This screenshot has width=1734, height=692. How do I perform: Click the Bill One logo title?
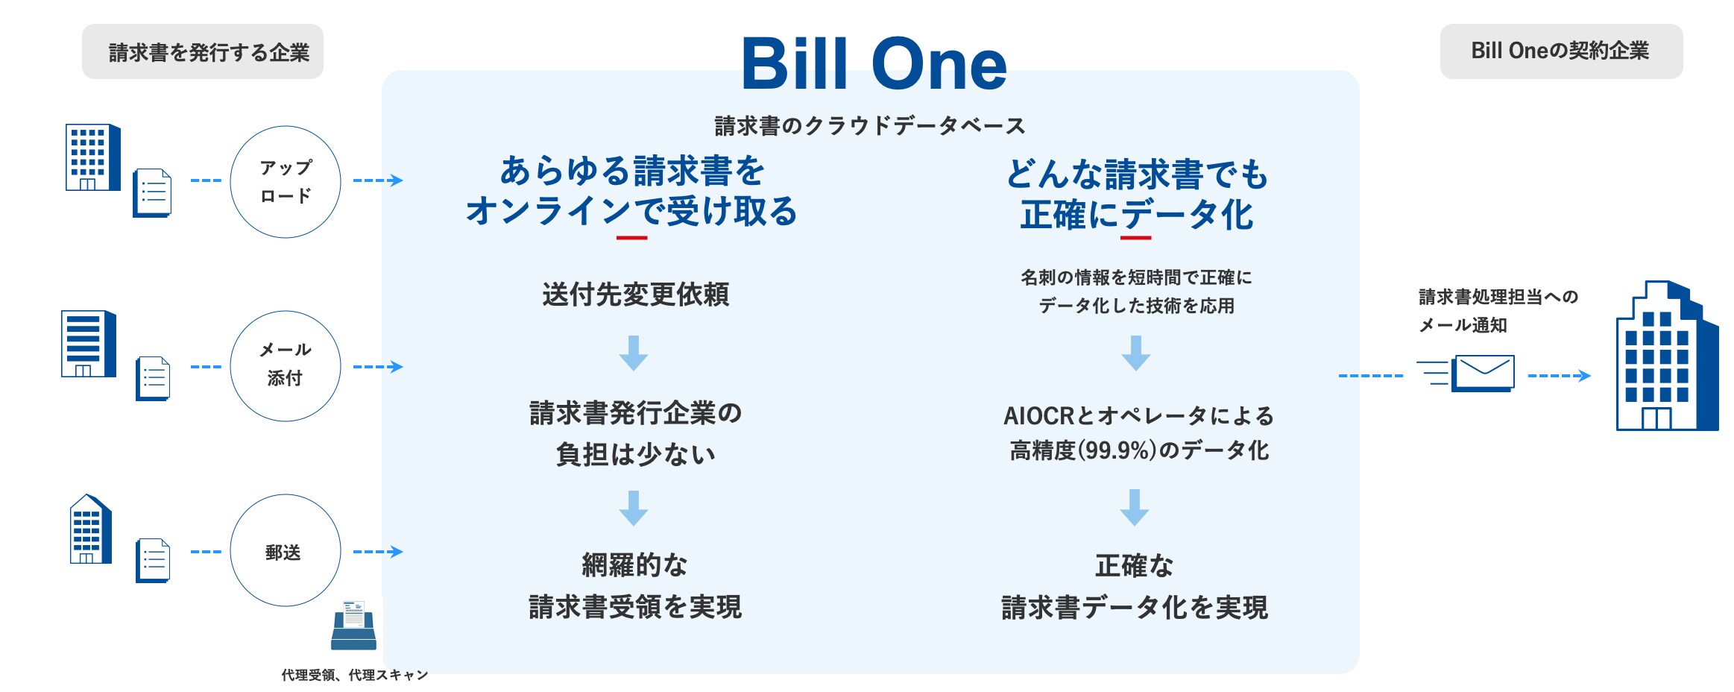pos(874,63)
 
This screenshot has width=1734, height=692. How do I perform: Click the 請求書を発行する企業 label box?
pos(203,51)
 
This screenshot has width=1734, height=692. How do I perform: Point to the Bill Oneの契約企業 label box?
pos(1561,51)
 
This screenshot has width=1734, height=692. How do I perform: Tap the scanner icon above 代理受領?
pos(354,625)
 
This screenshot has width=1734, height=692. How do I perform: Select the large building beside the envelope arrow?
pos(1667,356)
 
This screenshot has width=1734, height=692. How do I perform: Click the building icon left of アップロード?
pos(93,157)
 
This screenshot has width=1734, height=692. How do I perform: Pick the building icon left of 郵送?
pos(90,529)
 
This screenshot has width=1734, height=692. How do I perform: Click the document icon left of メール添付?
pos(153,379)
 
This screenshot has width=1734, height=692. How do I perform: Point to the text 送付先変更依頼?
pos(636,295)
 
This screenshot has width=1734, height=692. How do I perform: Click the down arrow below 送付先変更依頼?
pos(634,353)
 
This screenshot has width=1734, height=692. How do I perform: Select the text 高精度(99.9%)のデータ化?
pos(1139,450)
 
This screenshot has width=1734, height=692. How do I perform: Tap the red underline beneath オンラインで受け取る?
pos(631,238)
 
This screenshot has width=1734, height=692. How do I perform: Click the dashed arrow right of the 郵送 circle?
pos(378,552)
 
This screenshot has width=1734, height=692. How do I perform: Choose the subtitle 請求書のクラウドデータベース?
pos(870,126)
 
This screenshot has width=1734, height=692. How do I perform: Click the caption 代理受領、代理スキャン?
pos(355,675)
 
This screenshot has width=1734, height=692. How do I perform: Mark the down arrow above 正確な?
pos(1135,508)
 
